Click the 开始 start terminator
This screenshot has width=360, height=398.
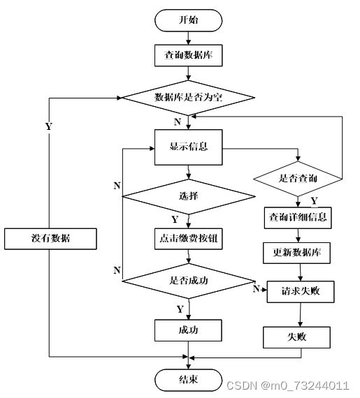[x=188, y=20]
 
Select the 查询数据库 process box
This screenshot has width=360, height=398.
[x=188, y=55]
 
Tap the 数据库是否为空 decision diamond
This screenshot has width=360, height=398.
[x=188, y=98]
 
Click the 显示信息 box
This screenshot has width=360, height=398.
[x=188, y=147]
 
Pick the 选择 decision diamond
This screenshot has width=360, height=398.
[x=188, y=196]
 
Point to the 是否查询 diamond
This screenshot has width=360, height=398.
[x=298, y=179]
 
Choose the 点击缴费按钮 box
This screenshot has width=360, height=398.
[x=188, y=239]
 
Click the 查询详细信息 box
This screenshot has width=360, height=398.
[x=298, y=218]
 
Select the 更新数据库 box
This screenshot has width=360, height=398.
[x=297, y=253]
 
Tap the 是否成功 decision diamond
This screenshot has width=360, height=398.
[x=188, y=281]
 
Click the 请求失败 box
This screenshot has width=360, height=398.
[x=301, y=292]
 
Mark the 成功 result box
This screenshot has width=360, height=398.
[x=188, y=330]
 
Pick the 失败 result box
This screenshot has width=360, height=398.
[x=297, y=337]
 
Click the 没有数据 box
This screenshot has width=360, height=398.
[x=50, y=239]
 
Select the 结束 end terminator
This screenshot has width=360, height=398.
[x=188, y=380]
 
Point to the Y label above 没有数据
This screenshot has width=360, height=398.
[x=49, y=126]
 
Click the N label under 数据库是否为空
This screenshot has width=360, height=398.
[x=178, y=122]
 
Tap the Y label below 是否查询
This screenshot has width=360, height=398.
[x=315, y=201]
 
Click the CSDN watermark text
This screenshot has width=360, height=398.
[x=287, y=385]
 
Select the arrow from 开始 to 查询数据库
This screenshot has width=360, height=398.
[x=188, y=38]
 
